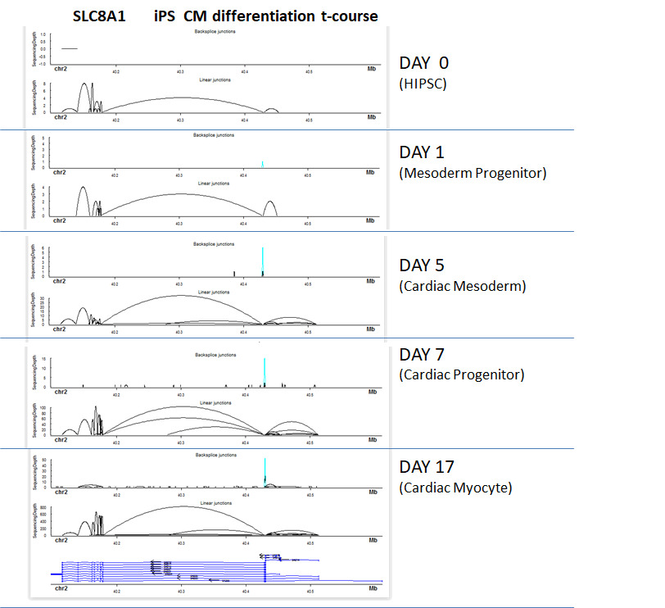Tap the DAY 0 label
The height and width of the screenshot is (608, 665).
click(x=424, y=63)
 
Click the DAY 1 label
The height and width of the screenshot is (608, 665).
click(x=423, y=152)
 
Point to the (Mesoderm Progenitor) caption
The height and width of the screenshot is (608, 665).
click(x=473, y=173)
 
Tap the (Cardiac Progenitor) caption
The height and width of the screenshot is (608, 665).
click(x=462, y=374)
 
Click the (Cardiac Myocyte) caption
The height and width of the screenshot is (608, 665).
click(x=455, y=488)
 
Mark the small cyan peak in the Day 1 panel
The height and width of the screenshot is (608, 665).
click(x=262, y=164)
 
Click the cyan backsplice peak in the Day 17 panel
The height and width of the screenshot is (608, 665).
click(x=265, y=471)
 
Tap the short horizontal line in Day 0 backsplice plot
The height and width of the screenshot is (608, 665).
click(x=70, y=48)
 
